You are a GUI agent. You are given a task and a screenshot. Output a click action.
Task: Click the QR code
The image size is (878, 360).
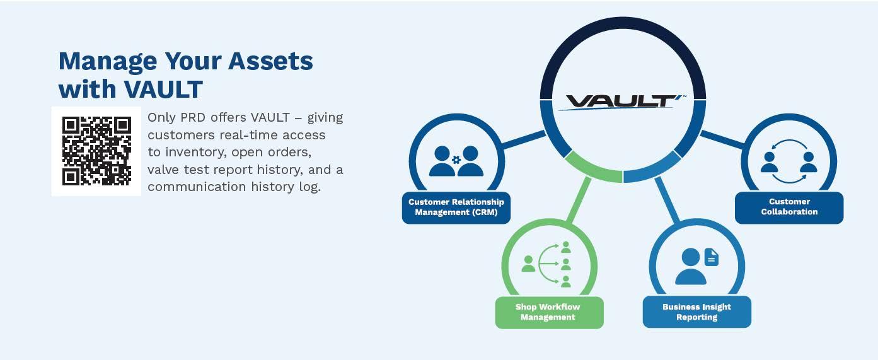96,151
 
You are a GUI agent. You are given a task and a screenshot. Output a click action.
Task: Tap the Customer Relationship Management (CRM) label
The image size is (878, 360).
456,207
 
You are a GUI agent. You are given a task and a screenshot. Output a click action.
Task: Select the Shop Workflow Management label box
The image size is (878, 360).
548,312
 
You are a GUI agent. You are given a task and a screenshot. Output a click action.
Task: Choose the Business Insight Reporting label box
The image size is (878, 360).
696,312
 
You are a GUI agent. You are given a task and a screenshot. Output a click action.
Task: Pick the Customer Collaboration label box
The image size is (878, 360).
789,207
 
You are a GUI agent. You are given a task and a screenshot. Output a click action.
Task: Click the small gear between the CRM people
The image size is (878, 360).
456,160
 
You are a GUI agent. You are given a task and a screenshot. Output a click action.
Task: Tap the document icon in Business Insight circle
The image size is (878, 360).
712,257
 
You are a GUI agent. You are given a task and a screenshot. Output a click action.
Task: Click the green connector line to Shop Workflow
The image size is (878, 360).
579,200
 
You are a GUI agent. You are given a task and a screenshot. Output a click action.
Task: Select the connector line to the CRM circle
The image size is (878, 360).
523,140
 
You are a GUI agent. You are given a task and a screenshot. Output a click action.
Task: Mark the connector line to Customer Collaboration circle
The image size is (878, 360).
722,139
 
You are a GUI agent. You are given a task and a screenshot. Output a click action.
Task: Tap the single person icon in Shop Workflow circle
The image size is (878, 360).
528,264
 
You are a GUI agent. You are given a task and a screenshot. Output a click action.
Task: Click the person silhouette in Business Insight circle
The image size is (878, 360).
690,266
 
